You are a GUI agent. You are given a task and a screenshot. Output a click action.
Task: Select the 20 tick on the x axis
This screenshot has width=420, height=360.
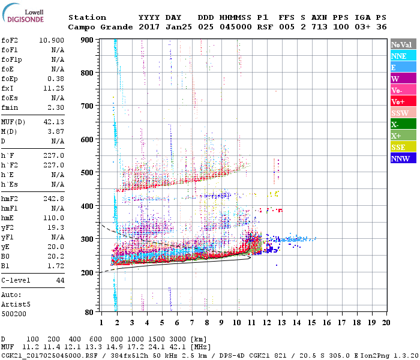point(386,322)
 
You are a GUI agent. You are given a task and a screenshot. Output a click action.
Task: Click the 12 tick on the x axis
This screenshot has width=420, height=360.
point(266,322)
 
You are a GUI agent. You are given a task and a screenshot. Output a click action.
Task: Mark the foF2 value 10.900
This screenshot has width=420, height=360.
point(52,40)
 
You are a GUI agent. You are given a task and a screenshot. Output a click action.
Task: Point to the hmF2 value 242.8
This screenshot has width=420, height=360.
point(54,199)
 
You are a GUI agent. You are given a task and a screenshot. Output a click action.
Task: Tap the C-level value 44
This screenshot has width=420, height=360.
point(59,280)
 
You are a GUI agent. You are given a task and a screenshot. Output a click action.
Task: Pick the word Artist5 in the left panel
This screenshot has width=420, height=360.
point(14,304)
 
